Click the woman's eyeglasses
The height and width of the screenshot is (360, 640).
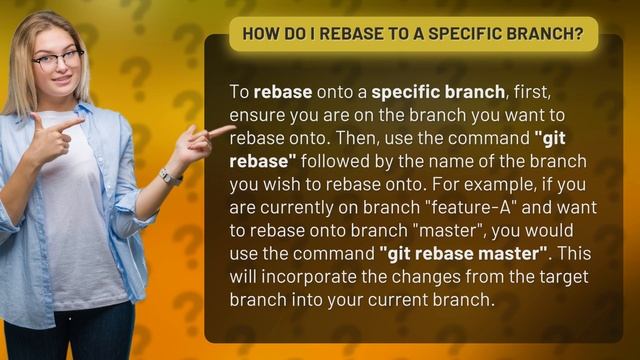point(57,60)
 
